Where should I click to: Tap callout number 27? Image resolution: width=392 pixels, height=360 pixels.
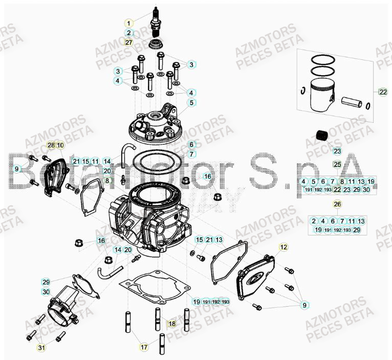point(128,42)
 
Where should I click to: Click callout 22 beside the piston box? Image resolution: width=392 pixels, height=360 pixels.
point(383,92)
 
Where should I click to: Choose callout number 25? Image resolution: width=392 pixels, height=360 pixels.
point(337,164)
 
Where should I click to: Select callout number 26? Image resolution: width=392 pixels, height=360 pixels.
point(337,204)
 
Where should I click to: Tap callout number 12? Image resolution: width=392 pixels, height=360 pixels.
point(284,247)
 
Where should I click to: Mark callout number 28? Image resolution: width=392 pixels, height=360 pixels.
point(51,145)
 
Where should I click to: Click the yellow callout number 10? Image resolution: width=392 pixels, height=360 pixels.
point(60,145)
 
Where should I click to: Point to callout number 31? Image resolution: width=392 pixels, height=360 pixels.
point(41,348)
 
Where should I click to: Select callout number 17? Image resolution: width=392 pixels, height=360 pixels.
point(144,347)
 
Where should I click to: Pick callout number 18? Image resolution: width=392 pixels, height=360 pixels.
point(172,324)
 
